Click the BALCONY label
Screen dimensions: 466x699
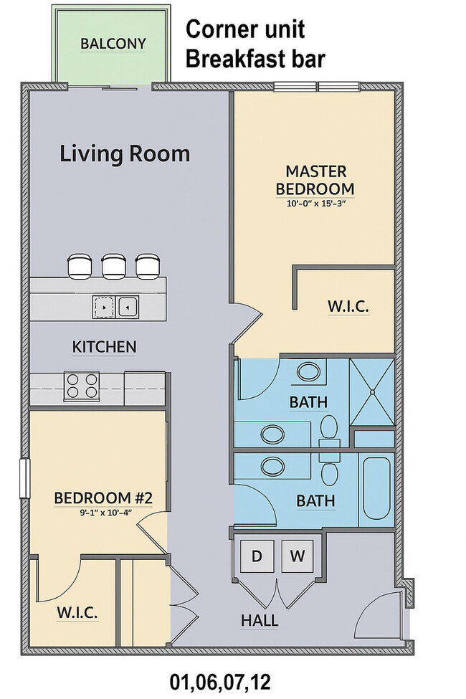113,44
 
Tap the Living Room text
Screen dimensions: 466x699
125,154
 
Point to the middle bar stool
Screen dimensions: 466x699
114,266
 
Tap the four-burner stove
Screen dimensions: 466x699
81,386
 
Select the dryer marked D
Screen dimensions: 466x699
257,556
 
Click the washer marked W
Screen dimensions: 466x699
297,556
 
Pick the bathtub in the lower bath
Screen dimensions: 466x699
377,489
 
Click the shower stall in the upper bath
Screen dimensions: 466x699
371,391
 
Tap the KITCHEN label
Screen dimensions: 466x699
105,347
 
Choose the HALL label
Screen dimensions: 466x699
260,621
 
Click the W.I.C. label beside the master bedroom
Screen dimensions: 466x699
348,306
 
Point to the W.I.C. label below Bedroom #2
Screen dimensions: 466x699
77,613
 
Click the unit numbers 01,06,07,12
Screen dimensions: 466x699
220,682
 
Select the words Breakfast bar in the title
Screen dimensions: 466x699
255,60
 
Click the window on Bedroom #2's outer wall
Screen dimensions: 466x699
25,478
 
